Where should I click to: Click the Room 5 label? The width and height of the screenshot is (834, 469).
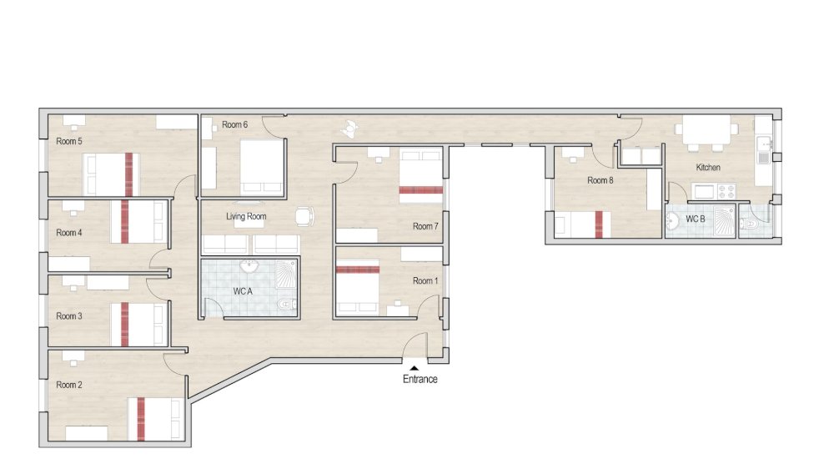coord(68,141)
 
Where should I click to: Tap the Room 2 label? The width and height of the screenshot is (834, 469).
coord(68,386)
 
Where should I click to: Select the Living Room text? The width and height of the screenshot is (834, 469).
coord(246,217)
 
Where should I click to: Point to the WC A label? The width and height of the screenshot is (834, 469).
coord(243,290)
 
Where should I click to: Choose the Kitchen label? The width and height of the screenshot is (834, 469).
coord(708,168)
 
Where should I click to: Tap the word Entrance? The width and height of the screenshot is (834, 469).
coord(420,379)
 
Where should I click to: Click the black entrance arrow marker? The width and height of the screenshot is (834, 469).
coord(414,366)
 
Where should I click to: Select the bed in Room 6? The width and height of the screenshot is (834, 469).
coord(262,165)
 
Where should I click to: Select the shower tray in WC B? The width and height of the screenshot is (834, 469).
coord(721,221)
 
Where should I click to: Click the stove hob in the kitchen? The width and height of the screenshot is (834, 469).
coord(708,192)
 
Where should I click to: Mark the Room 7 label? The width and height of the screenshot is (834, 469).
coord(424,226)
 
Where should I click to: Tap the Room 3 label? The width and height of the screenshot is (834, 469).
coord(68,316)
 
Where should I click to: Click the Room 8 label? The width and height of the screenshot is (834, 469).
coord(600,180)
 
